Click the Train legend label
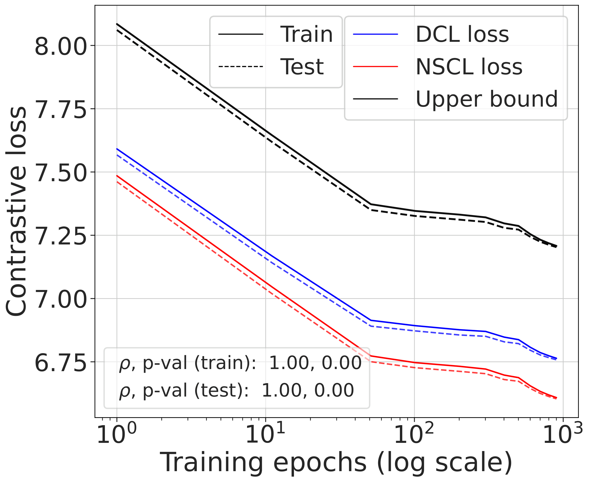coord(306,34)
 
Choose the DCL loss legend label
coord(462,34)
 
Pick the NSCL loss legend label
coord(469,67)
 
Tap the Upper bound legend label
coord(486,99)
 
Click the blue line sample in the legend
coord(376,34)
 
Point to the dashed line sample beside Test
coord(241,67)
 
